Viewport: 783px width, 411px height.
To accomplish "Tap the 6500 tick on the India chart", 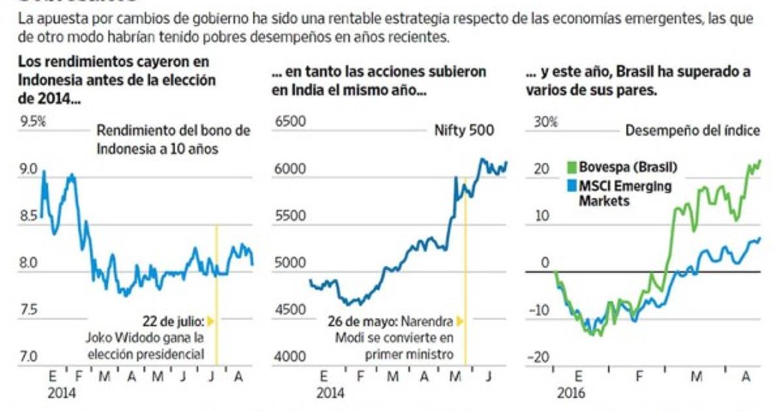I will [x=288, y=121].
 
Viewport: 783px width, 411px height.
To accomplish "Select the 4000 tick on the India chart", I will [x=288, y=357].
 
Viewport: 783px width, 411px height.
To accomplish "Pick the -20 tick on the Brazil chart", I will [x=540, y=357].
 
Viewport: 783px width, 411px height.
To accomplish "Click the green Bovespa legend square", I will [x=572, y=168].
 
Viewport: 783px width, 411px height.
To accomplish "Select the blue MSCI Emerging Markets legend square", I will [x=572, y=187].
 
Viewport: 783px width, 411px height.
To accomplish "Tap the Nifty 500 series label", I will [x=465, y=130].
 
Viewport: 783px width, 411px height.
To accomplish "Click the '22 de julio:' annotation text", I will [x=174, y=321].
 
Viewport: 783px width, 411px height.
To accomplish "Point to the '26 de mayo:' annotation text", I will [x=361, y=321].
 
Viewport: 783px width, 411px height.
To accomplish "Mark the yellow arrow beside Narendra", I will [x=459, y=321].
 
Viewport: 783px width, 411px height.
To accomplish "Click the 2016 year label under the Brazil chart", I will [x=571, y=394].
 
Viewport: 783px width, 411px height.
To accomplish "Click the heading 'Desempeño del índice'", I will [x=692, y=130].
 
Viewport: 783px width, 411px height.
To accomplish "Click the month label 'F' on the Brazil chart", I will [x=638, y=376].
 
